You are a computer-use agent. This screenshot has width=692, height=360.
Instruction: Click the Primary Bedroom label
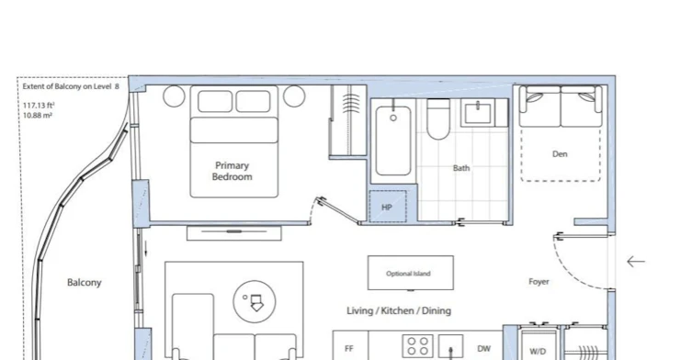(233, 171)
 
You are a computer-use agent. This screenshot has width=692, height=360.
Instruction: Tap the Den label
(560, 154)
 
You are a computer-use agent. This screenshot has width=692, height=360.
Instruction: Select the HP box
(388, 207)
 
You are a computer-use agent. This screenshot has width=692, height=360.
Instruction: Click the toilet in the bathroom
(438, 119)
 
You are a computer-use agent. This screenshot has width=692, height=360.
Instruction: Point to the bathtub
(393, 141)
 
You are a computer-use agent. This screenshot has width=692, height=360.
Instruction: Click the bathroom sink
(478, 113)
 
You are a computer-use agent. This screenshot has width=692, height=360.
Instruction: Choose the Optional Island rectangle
(411, 273)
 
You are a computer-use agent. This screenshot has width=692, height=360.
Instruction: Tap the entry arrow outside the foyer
(636, 262)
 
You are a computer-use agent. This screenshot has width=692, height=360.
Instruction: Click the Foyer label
(539, 281)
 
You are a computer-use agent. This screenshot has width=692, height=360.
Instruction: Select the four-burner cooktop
(417, 346)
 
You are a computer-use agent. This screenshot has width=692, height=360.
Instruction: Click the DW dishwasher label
(483, 349)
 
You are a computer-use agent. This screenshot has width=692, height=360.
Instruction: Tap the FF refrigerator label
(349, 349)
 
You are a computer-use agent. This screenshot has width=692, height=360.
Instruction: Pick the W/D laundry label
(538, 352)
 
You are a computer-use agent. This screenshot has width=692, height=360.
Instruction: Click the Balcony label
(85, 282)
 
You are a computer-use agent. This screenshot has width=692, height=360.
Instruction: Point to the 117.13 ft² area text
(39, 106)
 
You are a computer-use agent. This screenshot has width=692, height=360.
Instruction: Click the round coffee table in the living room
(255, 302)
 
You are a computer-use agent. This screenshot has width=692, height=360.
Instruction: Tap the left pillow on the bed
(215, 101)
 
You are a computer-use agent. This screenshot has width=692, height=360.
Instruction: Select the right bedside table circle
(294, 96)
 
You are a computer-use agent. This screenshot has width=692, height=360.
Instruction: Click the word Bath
(461, 168)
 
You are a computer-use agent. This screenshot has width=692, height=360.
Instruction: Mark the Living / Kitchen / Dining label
(399, 310)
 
